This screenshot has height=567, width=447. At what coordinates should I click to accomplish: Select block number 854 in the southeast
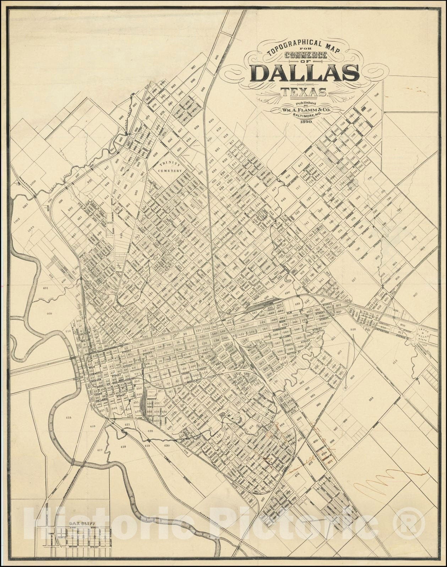(x=371, y=399)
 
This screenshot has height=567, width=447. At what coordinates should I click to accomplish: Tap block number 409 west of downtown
(x=49, y=314)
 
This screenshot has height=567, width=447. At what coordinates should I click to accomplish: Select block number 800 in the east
(x=414, y=238)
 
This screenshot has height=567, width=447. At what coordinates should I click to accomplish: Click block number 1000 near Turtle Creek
(x=33, y=181)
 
